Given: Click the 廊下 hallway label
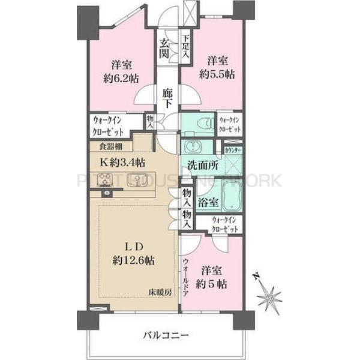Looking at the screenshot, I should click(x=169, y=98).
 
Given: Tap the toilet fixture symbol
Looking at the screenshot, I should click(x=205, y=124).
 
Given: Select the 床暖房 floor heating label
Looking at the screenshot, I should click(x=161, y=292).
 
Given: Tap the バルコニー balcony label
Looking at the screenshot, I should click(x=166, y=334).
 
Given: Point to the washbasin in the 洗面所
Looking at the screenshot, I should click(x=193, y=148).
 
